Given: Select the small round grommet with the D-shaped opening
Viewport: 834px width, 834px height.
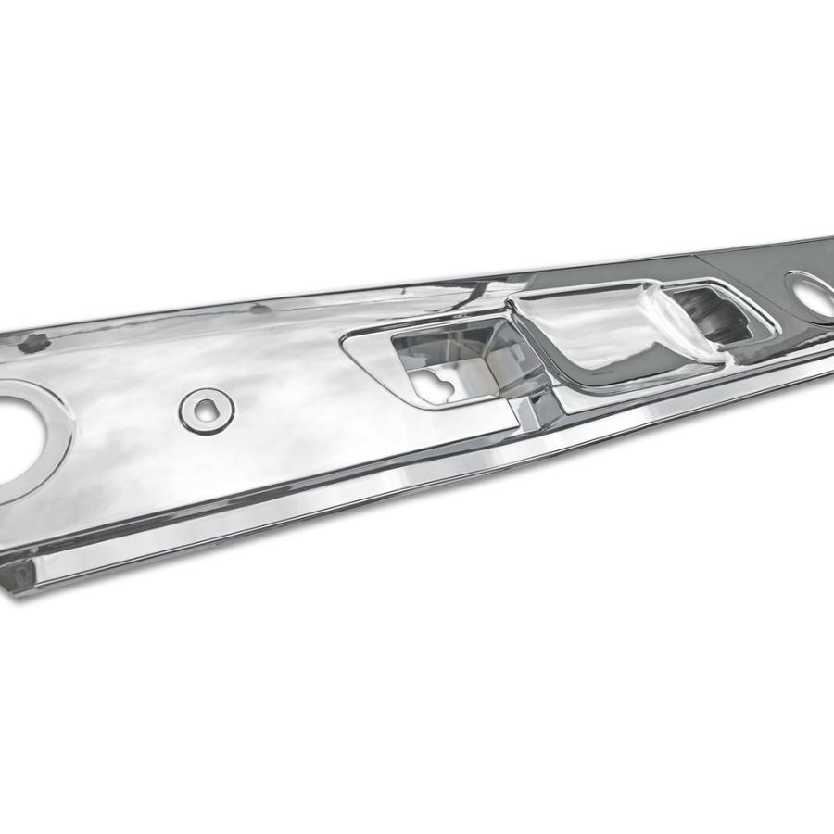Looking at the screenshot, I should click(x=207, y=409).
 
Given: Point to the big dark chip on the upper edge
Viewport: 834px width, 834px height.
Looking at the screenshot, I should click(x=34, y=342).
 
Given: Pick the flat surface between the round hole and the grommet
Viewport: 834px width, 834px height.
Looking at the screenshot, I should click(x=130, y=417).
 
